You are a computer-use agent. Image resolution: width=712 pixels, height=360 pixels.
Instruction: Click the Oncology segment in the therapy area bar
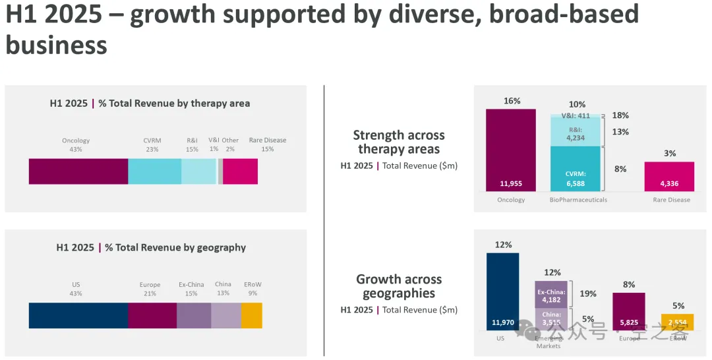[78, 171]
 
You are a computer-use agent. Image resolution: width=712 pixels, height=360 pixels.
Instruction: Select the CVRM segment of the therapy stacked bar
[154, 171]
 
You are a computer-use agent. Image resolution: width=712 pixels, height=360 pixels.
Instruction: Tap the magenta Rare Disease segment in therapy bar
[240, 171]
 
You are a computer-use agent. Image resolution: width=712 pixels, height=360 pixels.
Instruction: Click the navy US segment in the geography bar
[78, 315]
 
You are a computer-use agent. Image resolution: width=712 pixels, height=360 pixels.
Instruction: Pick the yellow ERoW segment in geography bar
[251, 315]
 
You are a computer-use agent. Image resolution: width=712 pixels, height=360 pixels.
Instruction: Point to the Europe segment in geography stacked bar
[152, 315]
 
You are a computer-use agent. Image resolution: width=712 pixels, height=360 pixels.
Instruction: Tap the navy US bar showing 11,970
[502, 290]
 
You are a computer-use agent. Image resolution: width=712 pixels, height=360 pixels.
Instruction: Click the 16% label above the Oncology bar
[512, 101]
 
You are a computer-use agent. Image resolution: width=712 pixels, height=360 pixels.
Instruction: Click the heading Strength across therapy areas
[399, 142]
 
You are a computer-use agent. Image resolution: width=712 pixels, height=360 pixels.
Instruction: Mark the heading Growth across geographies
[399, 286]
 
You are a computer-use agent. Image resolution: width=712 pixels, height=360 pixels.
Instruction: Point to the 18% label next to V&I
[620, 115]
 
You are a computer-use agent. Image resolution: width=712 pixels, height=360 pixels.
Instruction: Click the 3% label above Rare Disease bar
[670, 154]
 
